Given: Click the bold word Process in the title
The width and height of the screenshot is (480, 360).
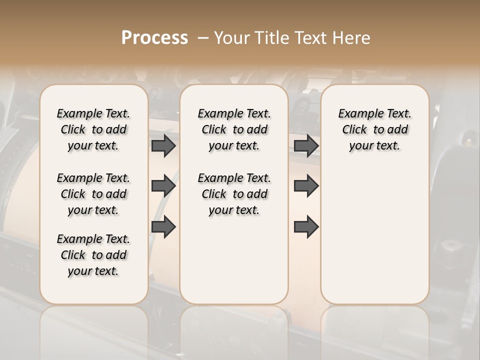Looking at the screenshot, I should (154, 38).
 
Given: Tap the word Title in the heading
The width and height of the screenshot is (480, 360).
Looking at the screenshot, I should (269, 38).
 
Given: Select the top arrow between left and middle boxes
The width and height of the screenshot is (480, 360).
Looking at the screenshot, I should (163, 145).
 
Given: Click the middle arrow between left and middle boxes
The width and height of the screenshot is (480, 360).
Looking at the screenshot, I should (163, 186).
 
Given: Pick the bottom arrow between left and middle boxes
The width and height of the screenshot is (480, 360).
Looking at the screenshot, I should (163, 226).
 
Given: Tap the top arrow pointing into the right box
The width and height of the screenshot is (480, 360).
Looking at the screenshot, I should (306, 145).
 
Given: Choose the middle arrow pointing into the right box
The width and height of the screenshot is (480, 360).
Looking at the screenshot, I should (306, 186).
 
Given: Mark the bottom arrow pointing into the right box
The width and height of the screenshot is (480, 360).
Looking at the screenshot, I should (306, 226).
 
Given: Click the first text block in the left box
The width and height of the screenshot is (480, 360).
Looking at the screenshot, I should (93, 129).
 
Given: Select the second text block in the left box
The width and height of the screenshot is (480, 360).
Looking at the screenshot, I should (93, 194).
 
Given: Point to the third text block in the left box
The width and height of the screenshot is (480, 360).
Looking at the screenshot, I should (93, 255).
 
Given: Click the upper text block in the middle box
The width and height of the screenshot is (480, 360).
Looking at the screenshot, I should (234, 129).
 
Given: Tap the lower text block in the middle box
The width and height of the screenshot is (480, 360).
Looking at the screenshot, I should (234, 194).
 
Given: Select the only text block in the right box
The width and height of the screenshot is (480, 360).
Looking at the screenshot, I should (375, 129).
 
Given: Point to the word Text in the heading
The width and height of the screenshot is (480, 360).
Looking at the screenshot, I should (311, 38).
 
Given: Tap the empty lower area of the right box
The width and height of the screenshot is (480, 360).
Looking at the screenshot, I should (375, 235).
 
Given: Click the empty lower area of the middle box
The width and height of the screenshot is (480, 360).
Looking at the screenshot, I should (234, 260).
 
